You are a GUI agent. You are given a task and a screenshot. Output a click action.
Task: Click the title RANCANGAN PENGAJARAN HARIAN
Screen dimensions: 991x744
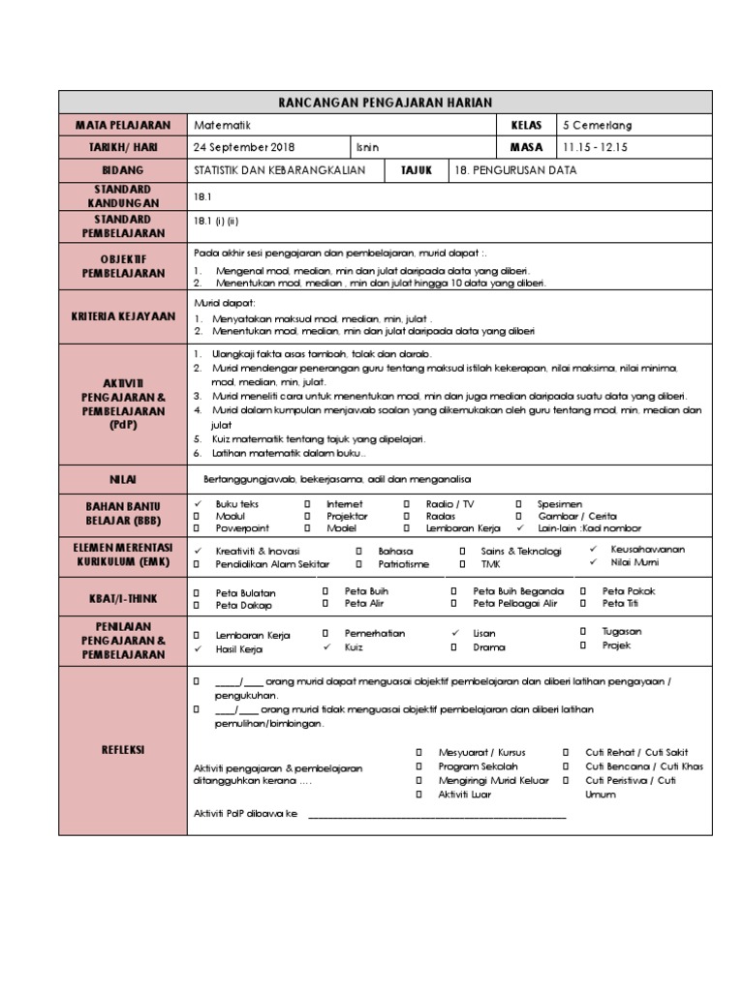pyautogui.click(x=384, y=103)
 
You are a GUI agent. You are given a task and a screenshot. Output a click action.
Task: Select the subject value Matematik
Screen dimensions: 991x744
pyautogui.click(x=222, y=125)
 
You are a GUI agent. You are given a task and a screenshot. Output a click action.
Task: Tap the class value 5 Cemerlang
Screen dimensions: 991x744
pyautogui.click(x=597, y=125)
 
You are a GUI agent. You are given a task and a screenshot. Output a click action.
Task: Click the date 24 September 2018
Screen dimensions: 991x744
pyautogui.click(x=244, y=147)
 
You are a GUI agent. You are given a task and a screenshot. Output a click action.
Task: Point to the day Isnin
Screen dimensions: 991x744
pyautogui.click(x=368, y=147)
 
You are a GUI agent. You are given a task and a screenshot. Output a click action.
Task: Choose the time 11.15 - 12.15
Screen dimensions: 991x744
pyautogui.click(x=595, y=147)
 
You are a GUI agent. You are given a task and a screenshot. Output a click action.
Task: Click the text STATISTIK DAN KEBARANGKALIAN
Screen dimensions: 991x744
pyautogui.click(x=279, y=170)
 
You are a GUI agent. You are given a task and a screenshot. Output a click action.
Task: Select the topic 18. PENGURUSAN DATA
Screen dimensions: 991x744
pyautogui.click(x=514, y=170)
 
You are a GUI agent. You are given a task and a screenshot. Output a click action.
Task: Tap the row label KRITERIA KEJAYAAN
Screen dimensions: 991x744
pyautogui.click(x=123, y=316)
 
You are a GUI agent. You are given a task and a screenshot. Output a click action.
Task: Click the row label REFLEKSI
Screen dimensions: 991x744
pyautogui.click(x=123, y=749)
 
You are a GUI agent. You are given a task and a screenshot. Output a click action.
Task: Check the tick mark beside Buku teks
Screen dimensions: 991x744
pyautogui.click(x=197, y=504)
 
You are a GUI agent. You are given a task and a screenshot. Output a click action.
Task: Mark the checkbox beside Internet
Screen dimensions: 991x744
pyautogui.click(x=307, y=504)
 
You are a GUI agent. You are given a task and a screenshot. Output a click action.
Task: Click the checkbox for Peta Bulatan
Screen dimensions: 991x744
pyautogui.click(x=197, y=591)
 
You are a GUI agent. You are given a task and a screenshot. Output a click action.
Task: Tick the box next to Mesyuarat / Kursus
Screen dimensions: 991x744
pyautogui.click(x=419, y=752)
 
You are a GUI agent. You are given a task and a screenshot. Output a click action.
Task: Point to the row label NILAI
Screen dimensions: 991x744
pyautogui.click(x=123, y=479)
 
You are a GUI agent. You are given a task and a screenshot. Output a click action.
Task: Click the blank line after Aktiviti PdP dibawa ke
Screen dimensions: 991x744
pyautogui.click(x=436, y=815)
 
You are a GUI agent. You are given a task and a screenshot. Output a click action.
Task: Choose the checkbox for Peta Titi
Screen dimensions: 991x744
pyautogui.click(x=582, y=604)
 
